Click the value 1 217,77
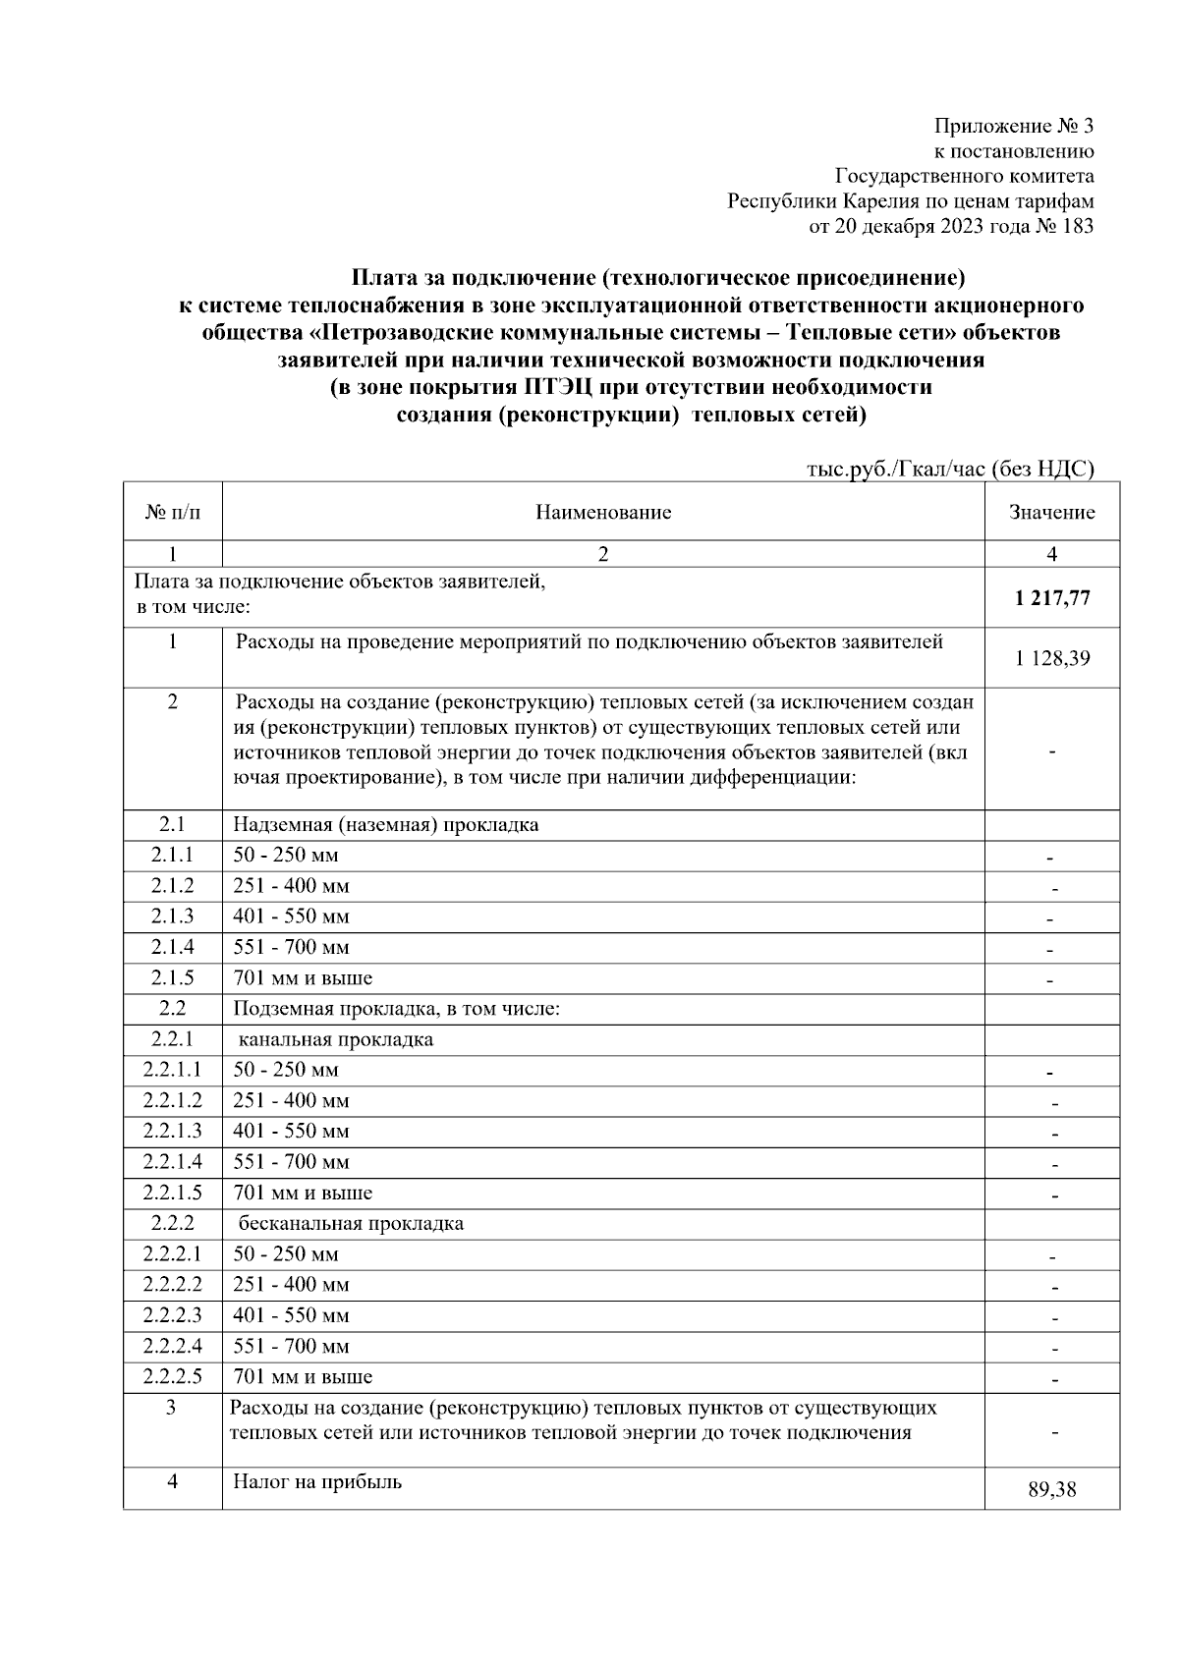click(x=1051, y=598)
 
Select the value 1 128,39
click(x=1051, y=658)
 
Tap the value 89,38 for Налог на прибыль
click(x=1051, y=1490)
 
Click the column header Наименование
click(x=603, y=512)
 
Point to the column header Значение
click(x=1051, y=512)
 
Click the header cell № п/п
click(x=172, y=512)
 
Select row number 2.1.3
click(x=172, y=917)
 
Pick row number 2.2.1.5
click(x=172, y=1193)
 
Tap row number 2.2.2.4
click(x=172, y=1346)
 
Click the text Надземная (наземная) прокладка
click(x=385, y=824)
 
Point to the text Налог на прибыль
click(x=316, y=1481)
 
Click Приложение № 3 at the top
click(x=1013, y=126)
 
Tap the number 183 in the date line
click(x=1077, y=227)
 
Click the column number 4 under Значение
click(x=1051, y=554)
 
